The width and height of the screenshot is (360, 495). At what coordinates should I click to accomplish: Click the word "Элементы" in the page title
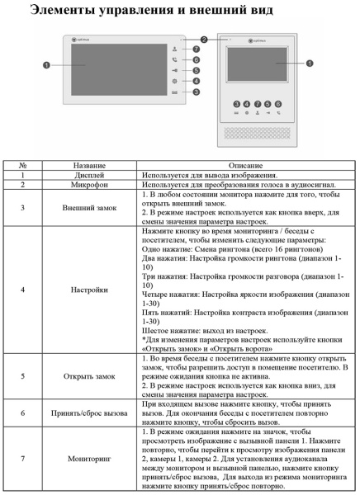[61, 11]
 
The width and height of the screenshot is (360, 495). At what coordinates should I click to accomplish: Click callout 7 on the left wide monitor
[196, 49]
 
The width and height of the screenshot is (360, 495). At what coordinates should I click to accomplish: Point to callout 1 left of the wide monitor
[47, 64]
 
